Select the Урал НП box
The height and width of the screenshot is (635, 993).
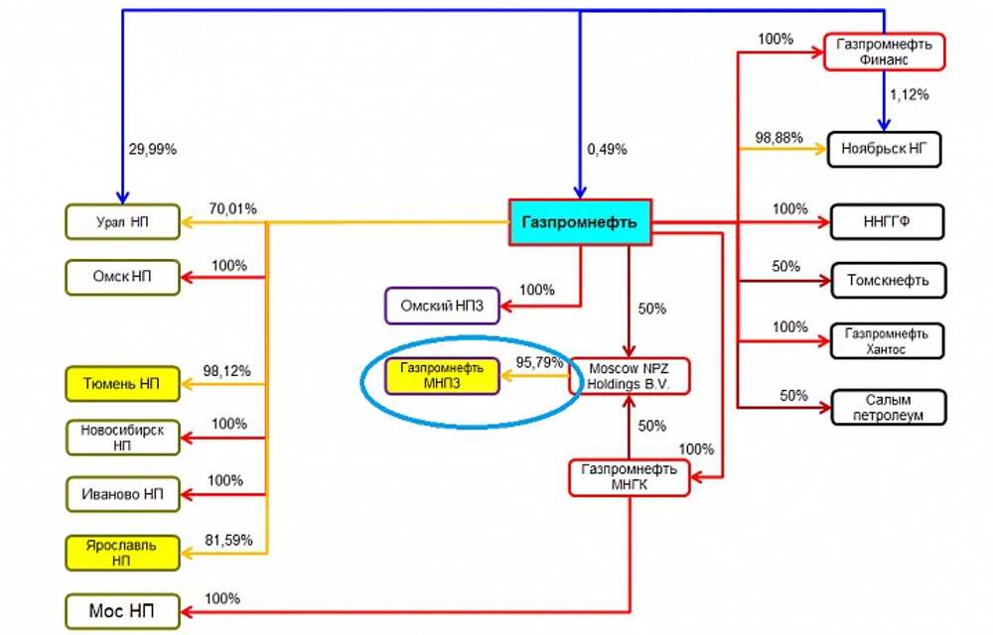pyautogui.click(x=123, y=221)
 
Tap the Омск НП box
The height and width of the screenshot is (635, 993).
pyautogui.click(x=123, y=276)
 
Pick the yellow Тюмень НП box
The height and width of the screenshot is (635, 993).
pyautogui.click(x=123, y=383)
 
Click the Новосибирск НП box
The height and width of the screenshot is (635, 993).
pyautogui.click(x=123, y=438)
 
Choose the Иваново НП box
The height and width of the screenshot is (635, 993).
pyautogui.click(x=123, y=492)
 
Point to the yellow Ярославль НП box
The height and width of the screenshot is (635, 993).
pyautogui.click(x=123, y=552)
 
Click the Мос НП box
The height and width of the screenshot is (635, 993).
pyautogui.click(x=123, y=608)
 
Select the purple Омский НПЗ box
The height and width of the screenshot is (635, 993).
pyautogui.click(x=443, y=306)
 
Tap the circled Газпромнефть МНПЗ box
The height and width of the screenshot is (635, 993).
pyautogui.click(x=441, y=376)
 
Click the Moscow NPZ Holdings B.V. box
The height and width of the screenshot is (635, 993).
pyautogui.click(x=630, y=375)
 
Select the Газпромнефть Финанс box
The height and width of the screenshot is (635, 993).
pyautogui.click(x=884, y=51)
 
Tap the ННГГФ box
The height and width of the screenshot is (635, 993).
pyautogui.click(x=884, y=221)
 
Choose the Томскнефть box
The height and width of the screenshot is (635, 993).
pyautogui.click(x=884, y=280)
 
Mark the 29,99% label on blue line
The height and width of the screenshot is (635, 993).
pyautogui.click(x=152, y=149)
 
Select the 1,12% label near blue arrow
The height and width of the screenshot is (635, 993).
pyautogui.click(x=910, y=95)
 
